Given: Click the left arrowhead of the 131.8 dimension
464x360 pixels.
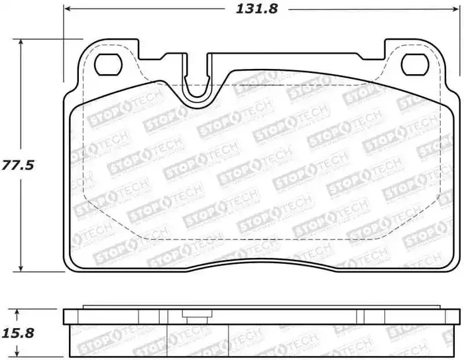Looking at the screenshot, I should pos(70,10).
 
